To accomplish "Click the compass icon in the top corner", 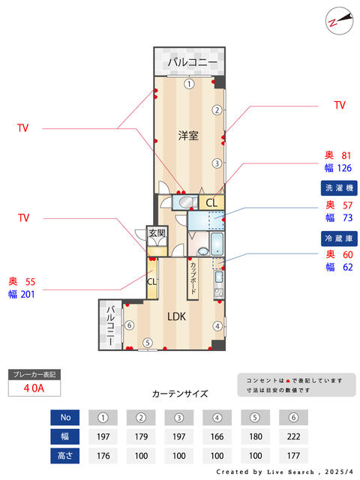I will [x=338, y=20].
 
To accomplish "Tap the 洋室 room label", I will [x=188, y=136].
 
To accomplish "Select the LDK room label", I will [x=176, y=316].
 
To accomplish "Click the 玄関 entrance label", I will [x=156, y=233].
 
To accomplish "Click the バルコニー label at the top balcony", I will [x=193, y=61].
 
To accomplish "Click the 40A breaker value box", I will [x=34, y=388].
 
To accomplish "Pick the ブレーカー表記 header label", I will [x=34, y=373].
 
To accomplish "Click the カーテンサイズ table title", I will [x=180, y=393].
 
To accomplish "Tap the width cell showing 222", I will [x=294, y=436].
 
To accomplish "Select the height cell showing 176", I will [x=104, y=454].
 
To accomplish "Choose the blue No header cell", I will [x=65, y=417].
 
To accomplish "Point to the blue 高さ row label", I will [x=65, y=454].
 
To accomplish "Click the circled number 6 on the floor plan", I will [x=129, y=325].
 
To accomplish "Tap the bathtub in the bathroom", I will [x=216, y=244].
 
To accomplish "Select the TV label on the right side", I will [x=340, y=106].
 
